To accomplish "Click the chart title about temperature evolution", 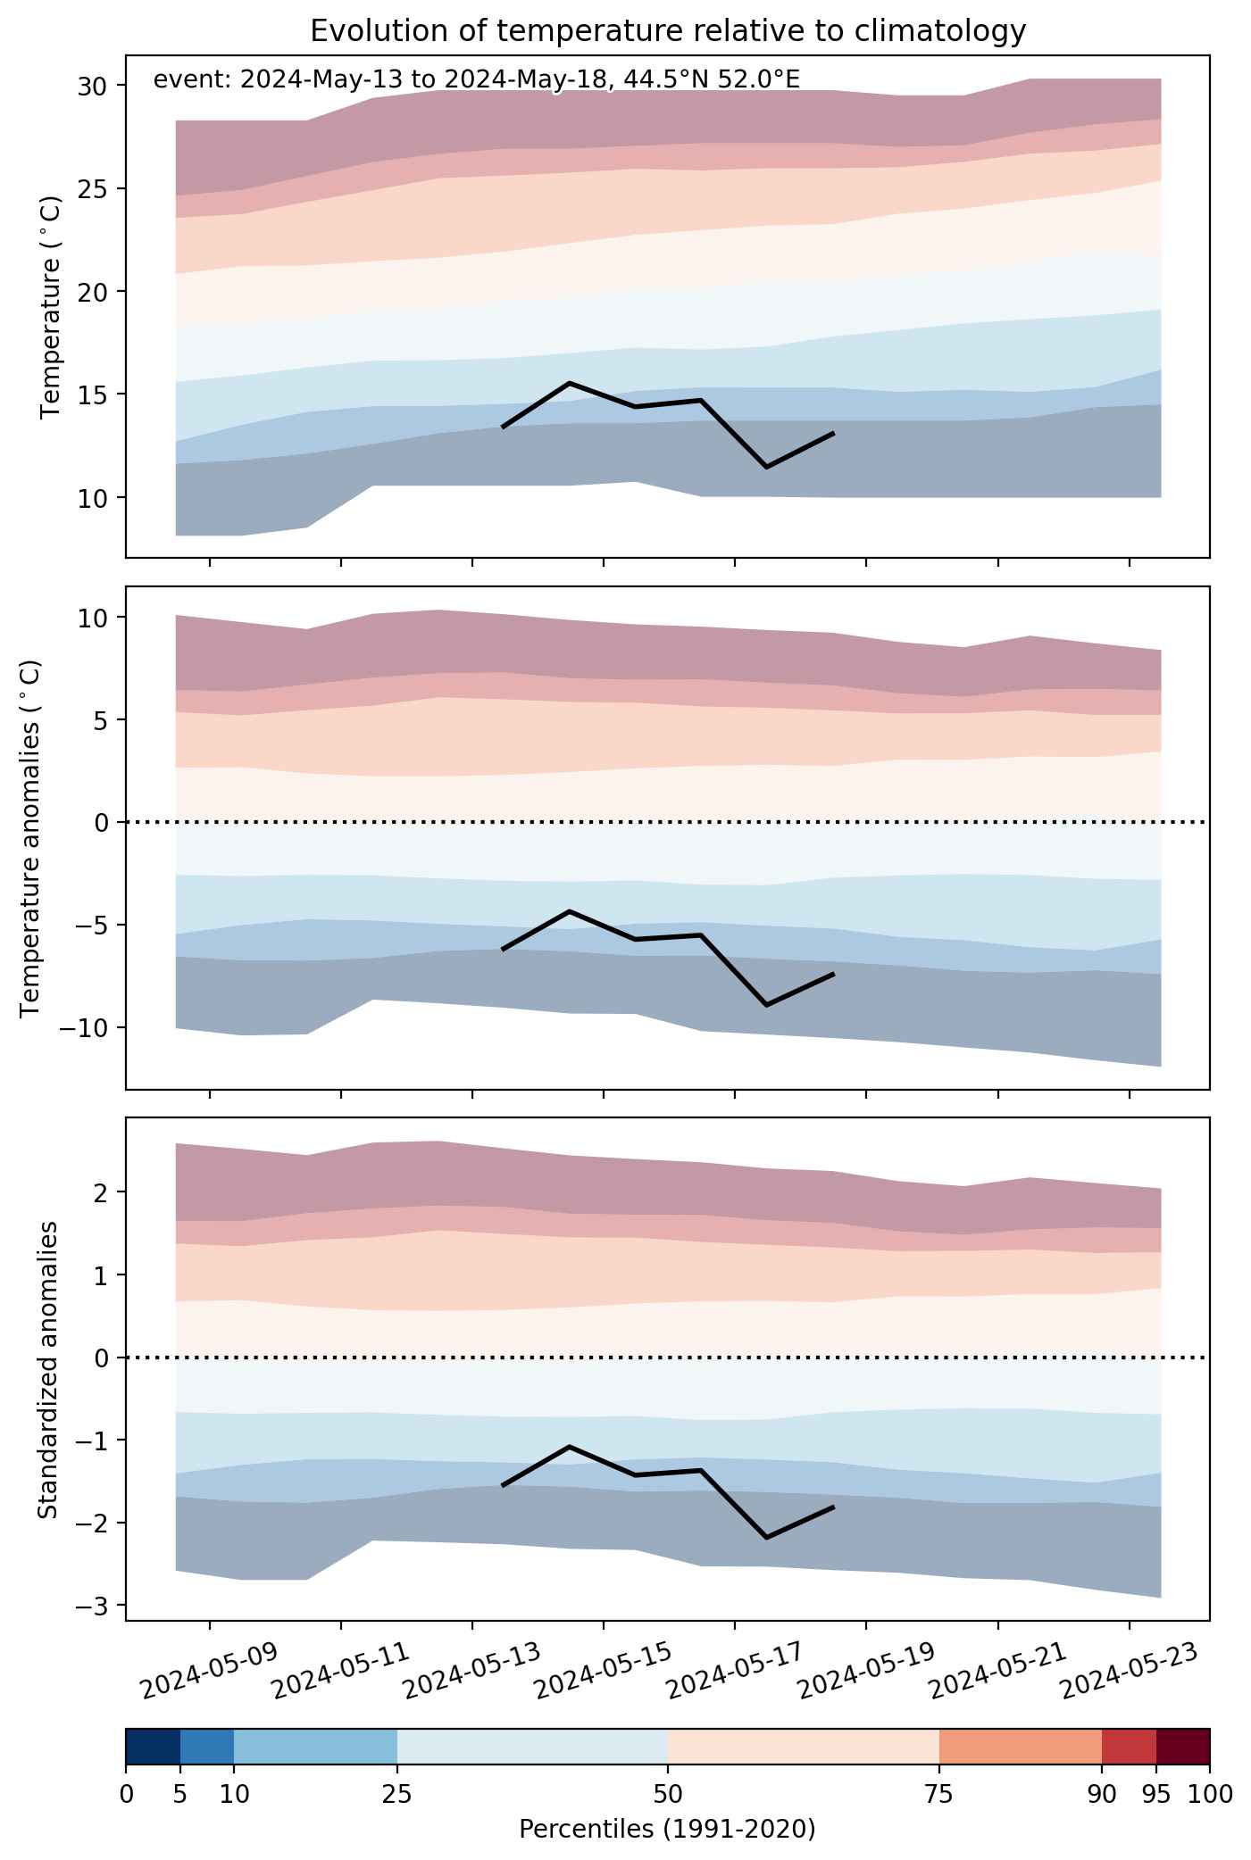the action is [668, 31].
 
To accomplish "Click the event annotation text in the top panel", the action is [477, 80].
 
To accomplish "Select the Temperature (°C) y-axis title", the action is [51, 306].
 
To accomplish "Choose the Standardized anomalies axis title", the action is [48, 1369].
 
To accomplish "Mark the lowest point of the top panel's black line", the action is [766, 467].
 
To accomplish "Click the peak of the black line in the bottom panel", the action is [570, 1446].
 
